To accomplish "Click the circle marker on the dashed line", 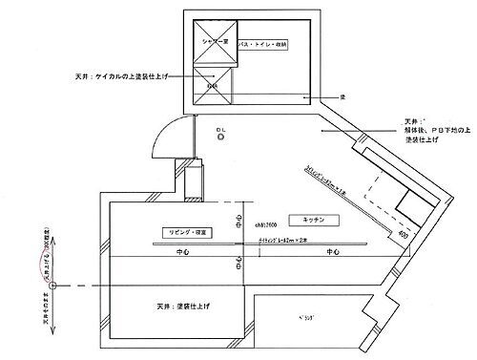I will [x=54, y=285].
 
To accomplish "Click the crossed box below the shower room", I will [x=213, y=82].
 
